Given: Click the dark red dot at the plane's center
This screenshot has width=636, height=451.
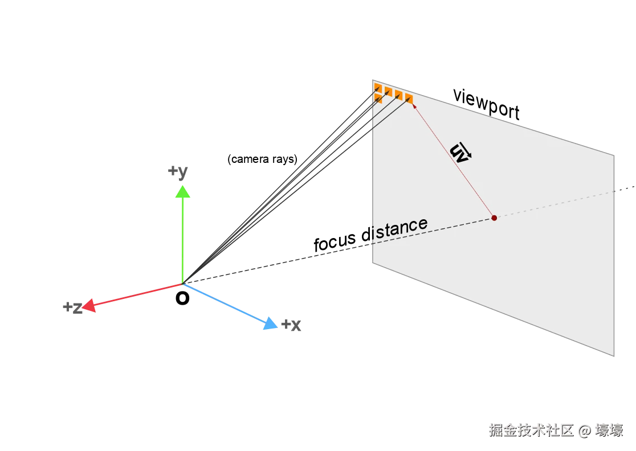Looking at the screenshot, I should [x=494, y=218].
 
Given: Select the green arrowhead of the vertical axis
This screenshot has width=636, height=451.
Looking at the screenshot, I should [x=182, y=192].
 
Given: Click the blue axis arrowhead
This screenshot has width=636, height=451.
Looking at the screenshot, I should [x=269, y=325].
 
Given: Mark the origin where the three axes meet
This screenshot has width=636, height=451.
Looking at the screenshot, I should [x=182, y=283].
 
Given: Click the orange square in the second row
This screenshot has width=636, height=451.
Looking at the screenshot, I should [x=378, y=98].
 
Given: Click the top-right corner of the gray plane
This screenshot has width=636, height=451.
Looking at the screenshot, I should [x=614, y=153].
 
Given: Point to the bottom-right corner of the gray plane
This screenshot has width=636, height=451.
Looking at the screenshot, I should [x=614, y=357].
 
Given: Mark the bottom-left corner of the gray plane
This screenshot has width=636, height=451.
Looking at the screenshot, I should [x=372, y=263].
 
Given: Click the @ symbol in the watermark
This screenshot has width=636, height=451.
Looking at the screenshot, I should [x=584, y=430].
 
